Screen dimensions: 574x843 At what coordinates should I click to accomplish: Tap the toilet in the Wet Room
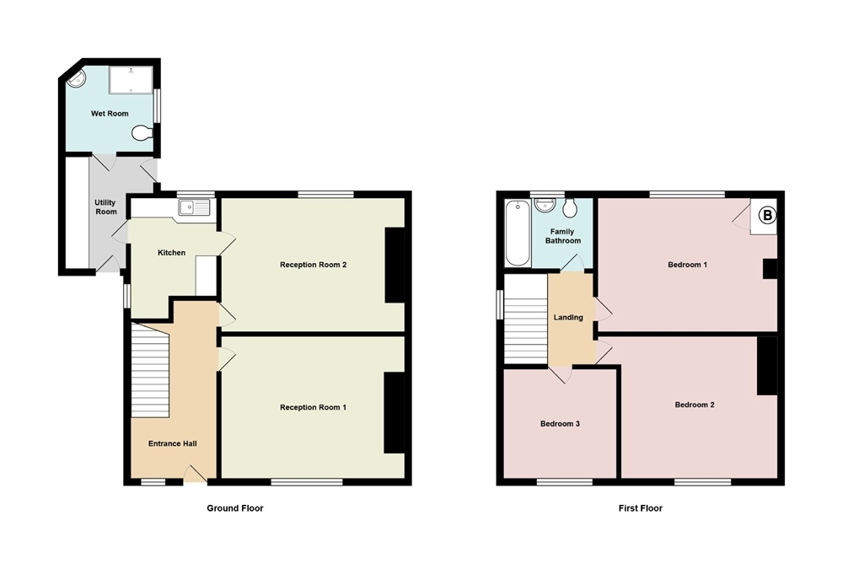pyautogui.click(x=142, y=132)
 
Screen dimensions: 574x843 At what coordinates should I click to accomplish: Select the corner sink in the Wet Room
pyautogui.click(x=76, y=80)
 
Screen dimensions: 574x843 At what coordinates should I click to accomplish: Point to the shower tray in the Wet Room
pyautogui.click(x=131, y=80)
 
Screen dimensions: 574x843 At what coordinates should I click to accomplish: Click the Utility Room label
pyautogui.click(x=105, y=207)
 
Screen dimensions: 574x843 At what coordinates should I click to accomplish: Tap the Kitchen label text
pyautogui.click(x=171, y=253)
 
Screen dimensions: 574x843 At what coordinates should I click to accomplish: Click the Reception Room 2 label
pyautogui.click(x=313, y=265)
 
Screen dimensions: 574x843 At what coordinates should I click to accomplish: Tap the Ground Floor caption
pyautogui.click(x=229, y=508)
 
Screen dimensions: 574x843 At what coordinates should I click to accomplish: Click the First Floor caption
pyautogui.click(x=640, y=508)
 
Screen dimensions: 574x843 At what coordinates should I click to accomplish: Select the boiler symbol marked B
pyautogui.click(x=766, y=216)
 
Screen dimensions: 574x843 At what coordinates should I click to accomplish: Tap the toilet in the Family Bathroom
pyautogui.click(x=571, y=208)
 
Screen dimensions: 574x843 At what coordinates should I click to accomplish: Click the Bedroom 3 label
pyautogui.click(x=560, y=424)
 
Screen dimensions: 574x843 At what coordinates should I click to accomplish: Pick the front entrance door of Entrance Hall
pyautogui.click(x=196, y=475)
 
